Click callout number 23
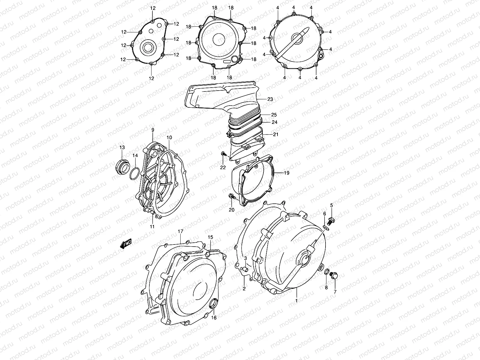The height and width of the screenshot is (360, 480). (270, 99)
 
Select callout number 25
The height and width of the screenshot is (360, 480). (274, 115)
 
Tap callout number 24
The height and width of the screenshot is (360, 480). (274, 122)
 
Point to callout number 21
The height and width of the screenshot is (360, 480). (276, 134)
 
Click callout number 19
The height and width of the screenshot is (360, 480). (286, 173)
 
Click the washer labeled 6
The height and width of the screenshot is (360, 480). (326, 229)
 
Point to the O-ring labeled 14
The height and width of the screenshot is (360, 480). (135, 173)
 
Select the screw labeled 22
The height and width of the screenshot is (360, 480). (223, 154)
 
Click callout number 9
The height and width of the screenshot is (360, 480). (152, 130)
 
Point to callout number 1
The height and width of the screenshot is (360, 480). (296, 300)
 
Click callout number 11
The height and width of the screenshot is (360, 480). (152, 226)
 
